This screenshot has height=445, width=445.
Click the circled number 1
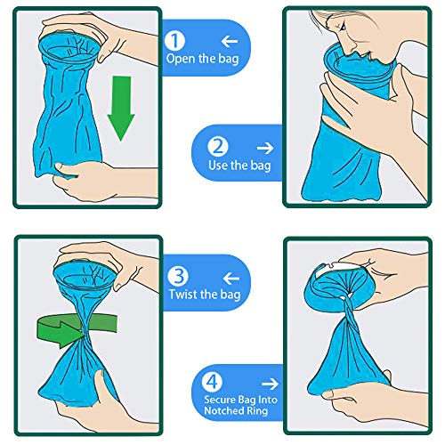(x=175, y=40)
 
